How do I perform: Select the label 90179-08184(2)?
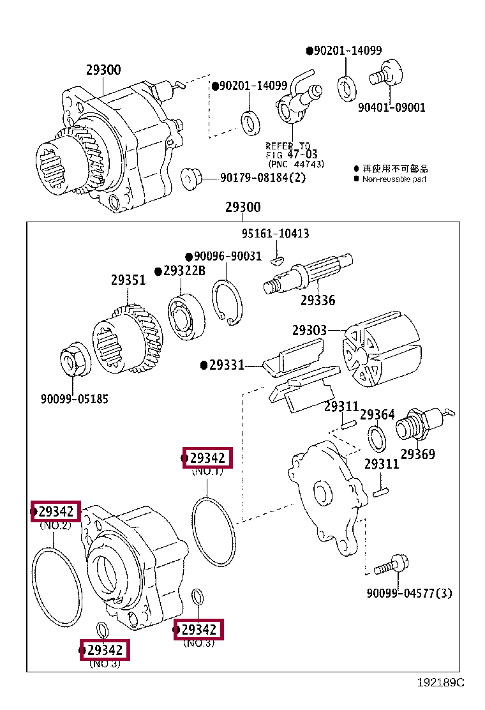tap(263, 177)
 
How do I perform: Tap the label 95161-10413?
tap(275, 234)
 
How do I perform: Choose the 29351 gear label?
tap(128, 280)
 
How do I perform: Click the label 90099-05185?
tap(75, 399)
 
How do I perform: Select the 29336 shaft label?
tap(318, 299)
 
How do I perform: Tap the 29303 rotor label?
tap(310, 331)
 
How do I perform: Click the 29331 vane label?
tap(227, 365)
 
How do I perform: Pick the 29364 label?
tap(377, 415)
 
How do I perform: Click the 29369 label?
tap(418, 454)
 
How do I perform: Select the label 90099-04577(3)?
tap(409, 593)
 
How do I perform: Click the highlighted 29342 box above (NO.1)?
tap(207, 458)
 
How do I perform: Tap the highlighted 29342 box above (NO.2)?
tap(56, 511)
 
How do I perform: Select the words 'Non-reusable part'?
tap(394, 179)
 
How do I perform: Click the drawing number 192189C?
tap(440, 683)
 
